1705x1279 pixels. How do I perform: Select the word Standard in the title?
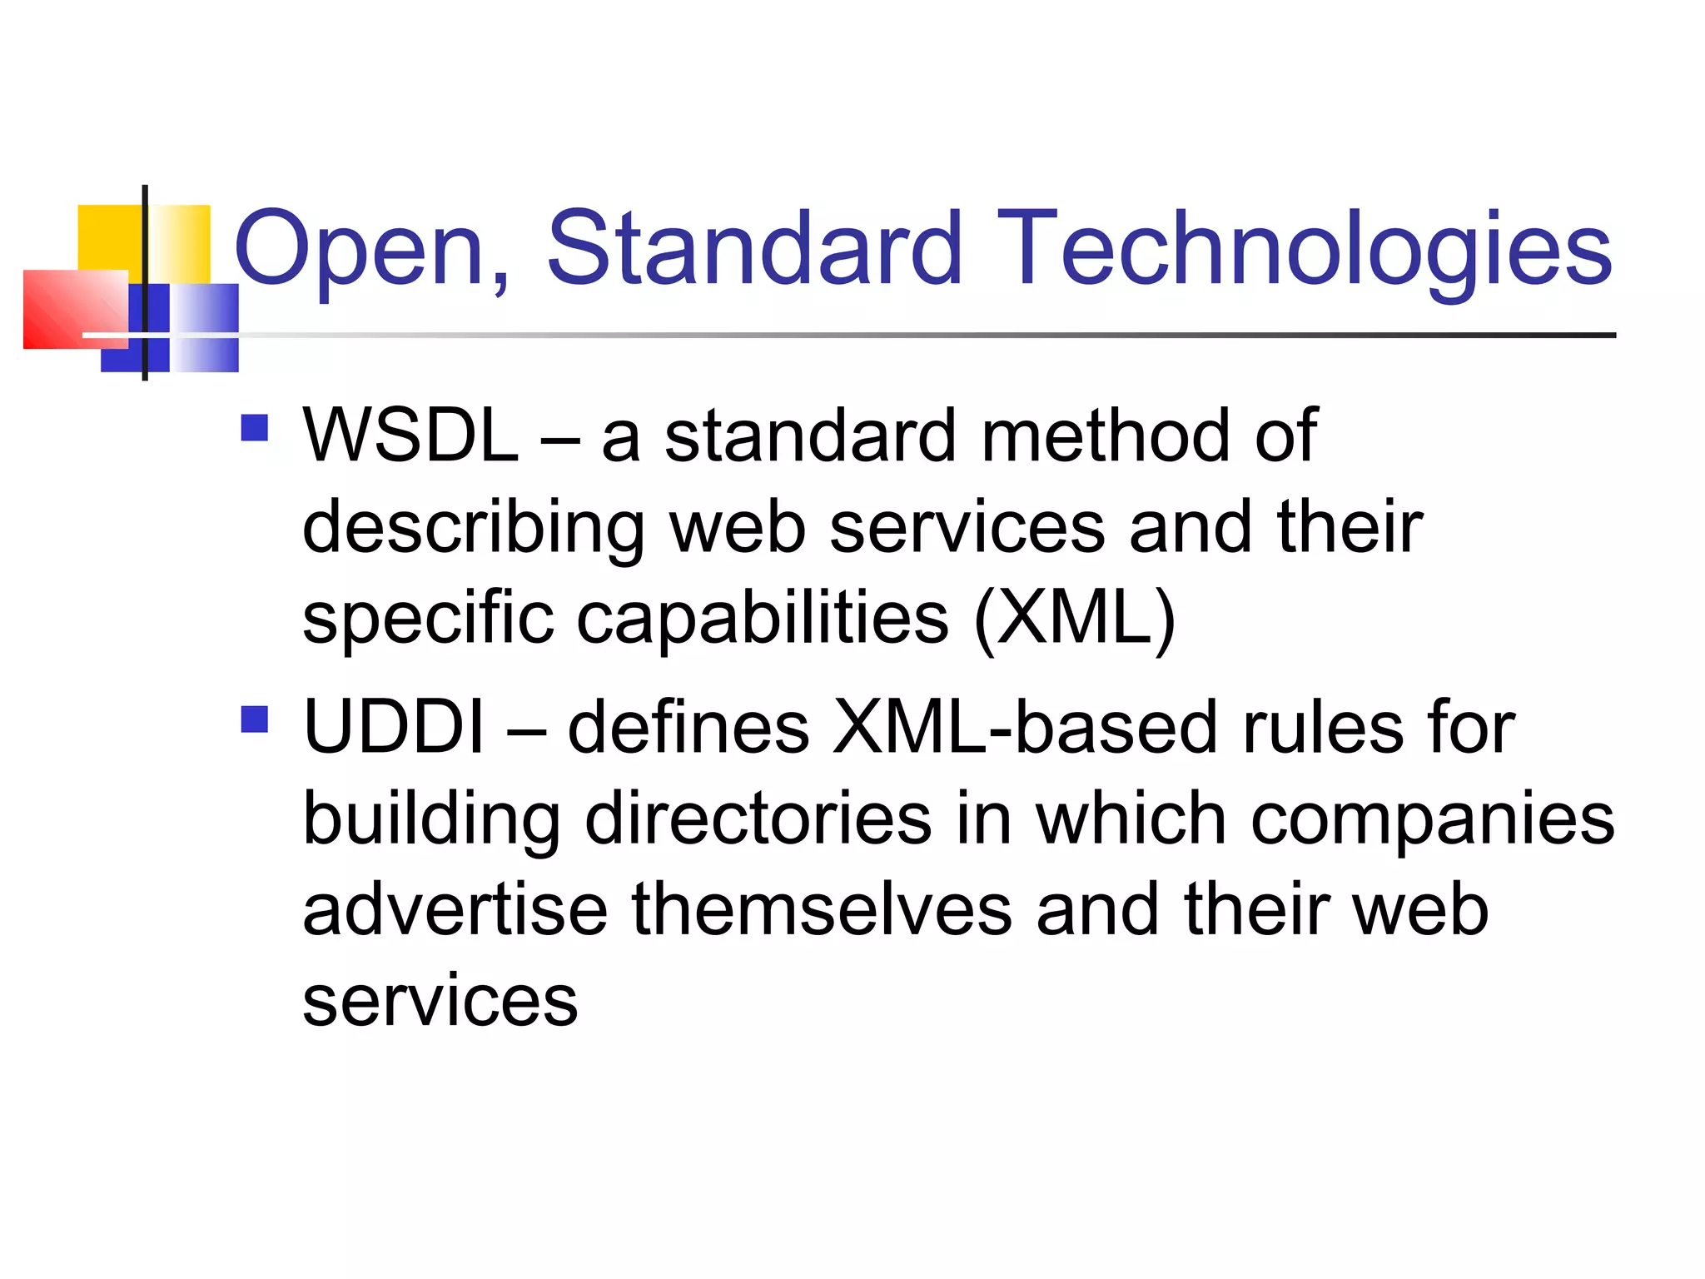[x=754, y=248]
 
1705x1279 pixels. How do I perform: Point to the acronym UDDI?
[x=394, y=727]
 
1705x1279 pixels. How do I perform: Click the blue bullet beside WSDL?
[x=254, y=428]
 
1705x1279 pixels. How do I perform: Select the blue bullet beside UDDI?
[x=254, y=719]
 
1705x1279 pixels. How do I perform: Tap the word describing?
[x=473, y=528]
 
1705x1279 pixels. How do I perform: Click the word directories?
[x=758, y=819]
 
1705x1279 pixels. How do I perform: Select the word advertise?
[x=455, y=909]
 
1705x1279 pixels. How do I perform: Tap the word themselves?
[x=822, y=909]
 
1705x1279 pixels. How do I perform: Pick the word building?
[x=431, y=819]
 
